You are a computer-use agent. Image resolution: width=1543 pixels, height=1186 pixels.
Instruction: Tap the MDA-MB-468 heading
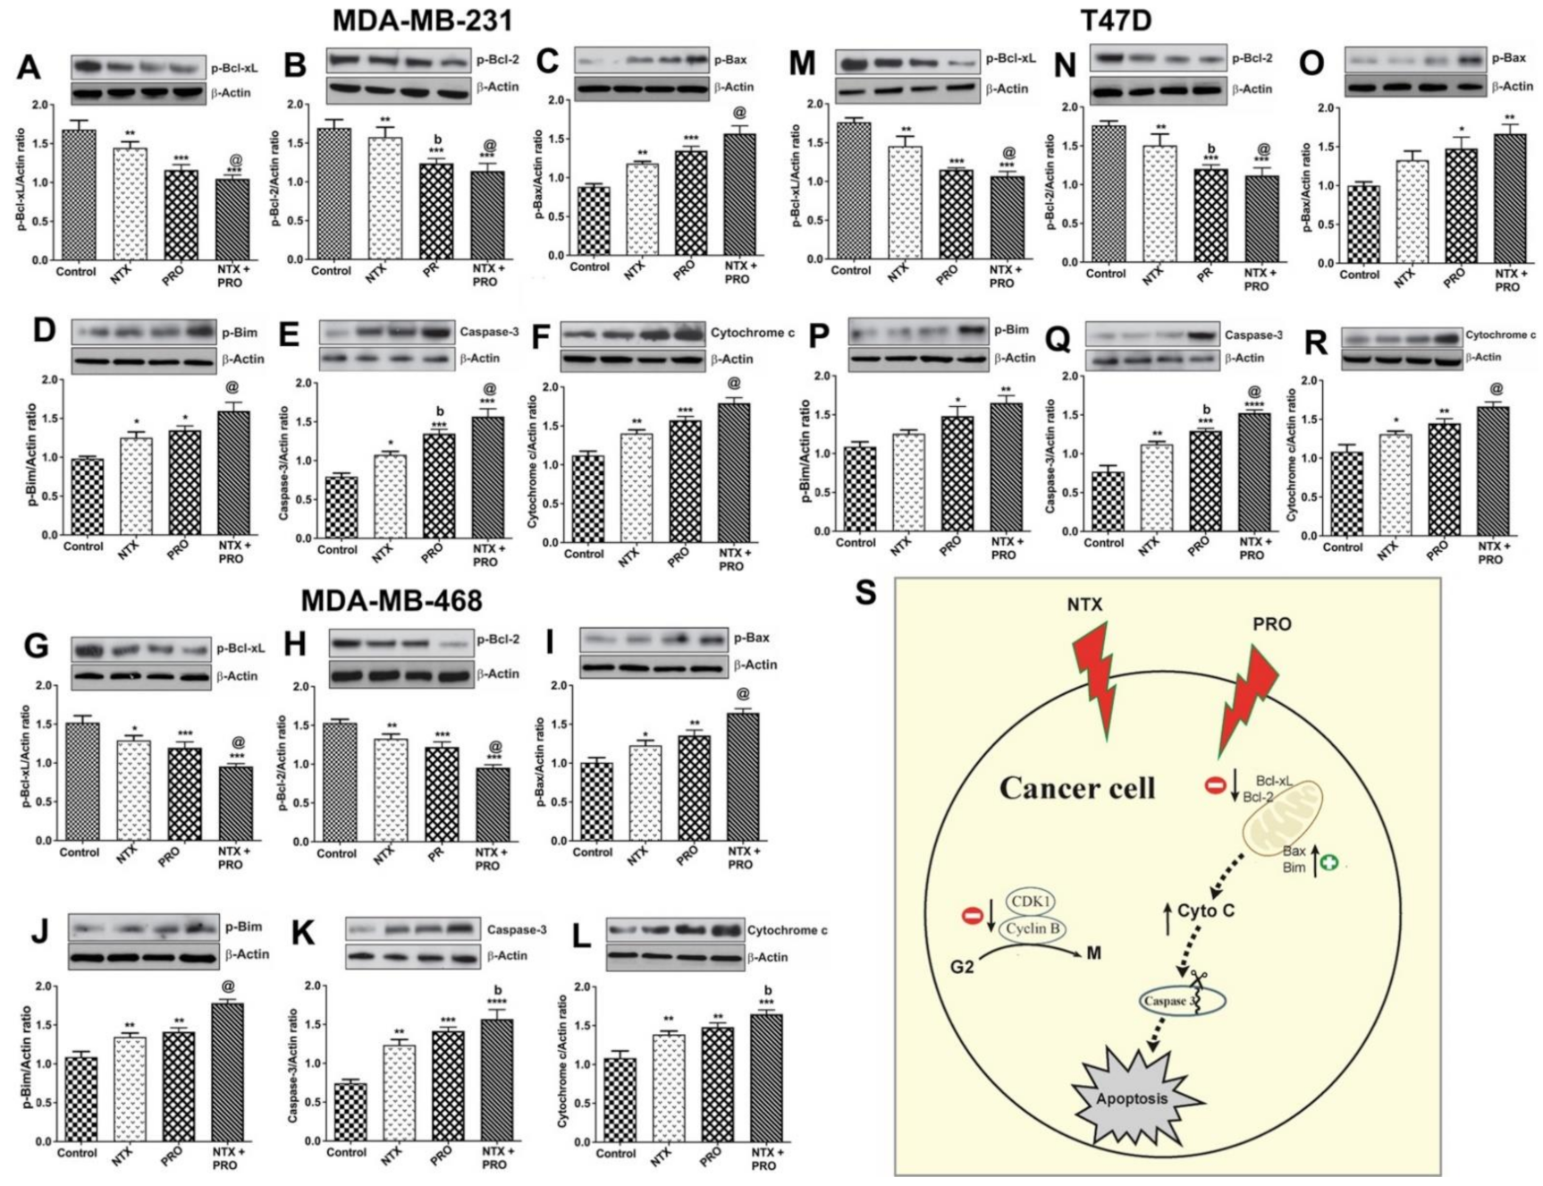392,600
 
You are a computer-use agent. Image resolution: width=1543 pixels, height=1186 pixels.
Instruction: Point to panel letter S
865,593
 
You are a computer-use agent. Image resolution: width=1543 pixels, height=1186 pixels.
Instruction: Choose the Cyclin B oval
1033,928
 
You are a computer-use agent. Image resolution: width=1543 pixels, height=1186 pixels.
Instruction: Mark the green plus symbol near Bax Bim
1331,865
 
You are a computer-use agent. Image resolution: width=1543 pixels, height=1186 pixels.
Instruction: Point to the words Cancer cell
1076,788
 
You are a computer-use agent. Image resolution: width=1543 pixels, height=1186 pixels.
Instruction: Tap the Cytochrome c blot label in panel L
787,930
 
